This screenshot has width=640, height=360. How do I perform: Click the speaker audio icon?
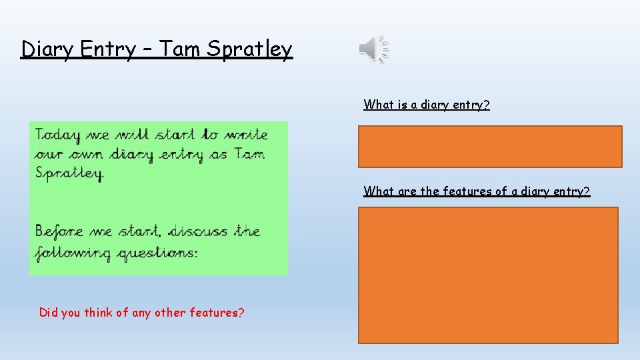[373, 49]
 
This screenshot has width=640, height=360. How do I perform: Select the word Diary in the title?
[46, 49]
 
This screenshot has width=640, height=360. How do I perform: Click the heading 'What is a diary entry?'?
[427, 105]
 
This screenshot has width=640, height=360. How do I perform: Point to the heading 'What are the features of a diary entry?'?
[477, 191]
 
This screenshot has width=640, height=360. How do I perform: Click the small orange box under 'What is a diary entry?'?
[490, 147]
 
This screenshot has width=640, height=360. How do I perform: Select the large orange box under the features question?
[488, 275]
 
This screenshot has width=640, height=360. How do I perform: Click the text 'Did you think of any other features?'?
[141, 312]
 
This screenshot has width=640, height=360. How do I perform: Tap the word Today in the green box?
[58, 135]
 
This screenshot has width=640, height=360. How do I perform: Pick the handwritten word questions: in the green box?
[159, 254]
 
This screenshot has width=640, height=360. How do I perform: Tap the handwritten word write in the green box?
[245, 135]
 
